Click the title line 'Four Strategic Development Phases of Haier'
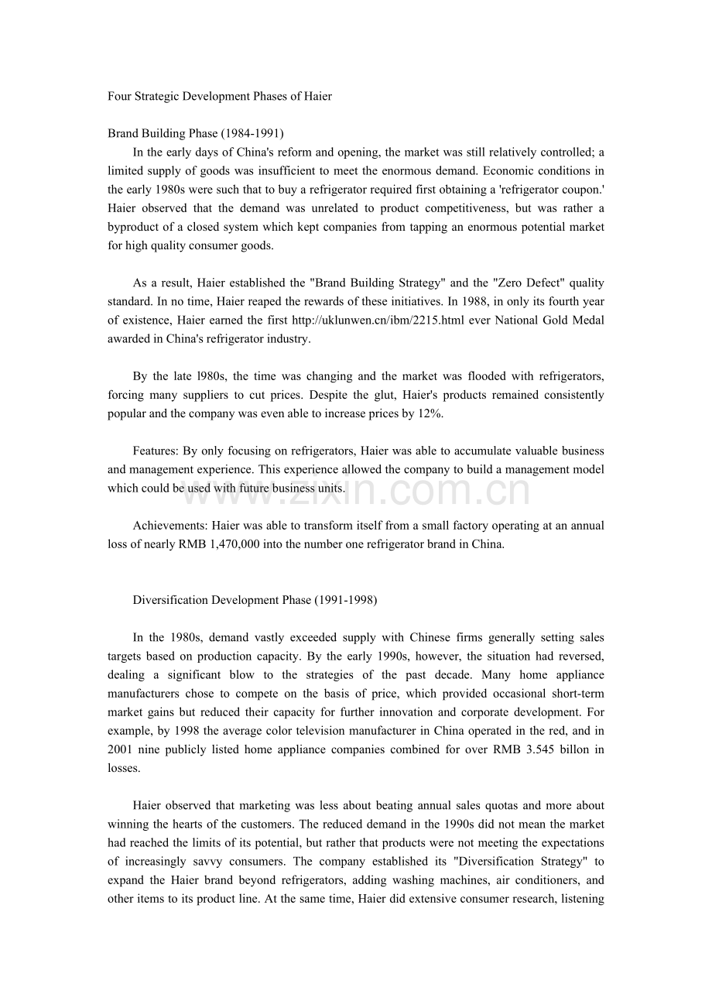(220, 97)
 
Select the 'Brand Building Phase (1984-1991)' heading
(196, 134)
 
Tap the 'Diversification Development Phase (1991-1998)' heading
(255, 600)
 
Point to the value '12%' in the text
(432, 413)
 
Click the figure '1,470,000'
(230, 544)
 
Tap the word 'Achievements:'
(170, 526)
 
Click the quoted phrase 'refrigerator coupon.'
(553, 190)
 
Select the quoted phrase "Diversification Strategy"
(522, 862)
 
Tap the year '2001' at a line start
(121, 749)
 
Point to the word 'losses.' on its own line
(124, 768)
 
